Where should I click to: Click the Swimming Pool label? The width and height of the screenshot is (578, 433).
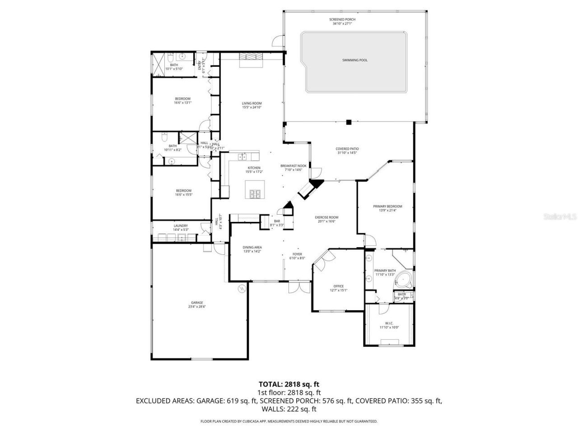click(354, 60)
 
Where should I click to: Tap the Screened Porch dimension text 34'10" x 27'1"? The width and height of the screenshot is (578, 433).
click(342, 23)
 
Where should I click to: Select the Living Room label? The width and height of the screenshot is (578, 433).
click(252, 103)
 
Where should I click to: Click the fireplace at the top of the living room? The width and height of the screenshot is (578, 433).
click(250, 56)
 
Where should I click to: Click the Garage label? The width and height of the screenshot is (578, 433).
click(196, 303)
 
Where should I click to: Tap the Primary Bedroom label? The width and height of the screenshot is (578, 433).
click(387, 207)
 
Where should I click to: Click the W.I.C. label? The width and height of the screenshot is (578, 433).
click(389, 323)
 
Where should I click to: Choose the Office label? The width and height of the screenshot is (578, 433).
click(338, 286)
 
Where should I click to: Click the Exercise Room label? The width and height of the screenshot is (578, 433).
click(327, 217)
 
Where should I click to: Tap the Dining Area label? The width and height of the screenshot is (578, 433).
click(252, 247)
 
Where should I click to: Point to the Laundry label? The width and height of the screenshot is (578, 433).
click(181, 226)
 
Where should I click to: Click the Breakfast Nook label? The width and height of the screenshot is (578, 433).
click(293, 166)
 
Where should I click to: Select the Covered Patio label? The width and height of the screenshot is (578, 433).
click(347, 149)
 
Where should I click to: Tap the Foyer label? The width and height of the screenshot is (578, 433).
click(297, 254)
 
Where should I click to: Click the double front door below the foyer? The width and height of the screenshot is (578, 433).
click(299, 287)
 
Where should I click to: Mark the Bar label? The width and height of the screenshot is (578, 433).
click(277, 221)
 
